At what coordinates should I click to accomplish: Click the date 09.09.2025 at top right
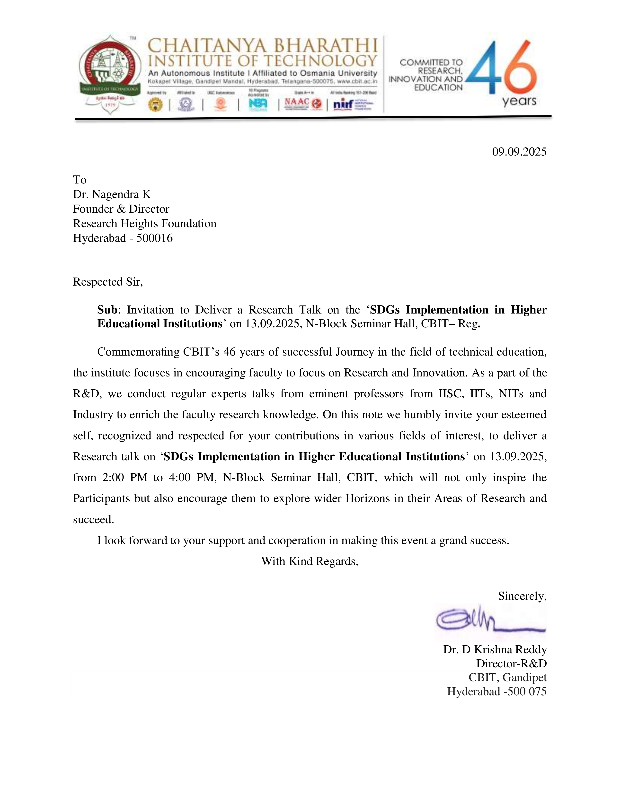519,152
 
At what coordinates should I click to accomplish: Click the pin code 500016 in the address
154,238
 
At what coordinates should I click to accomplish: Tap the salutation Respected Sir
108,282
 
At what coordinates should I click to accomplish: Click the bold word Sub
107,310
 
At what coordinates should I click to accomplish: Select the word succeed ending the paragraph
93,520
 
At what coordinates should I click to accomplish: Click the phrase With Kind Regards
310,561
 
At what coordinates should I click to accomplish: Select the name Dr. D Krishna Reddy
495,650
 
